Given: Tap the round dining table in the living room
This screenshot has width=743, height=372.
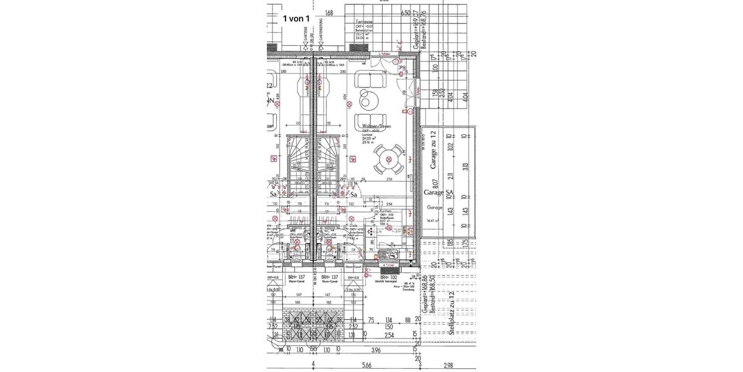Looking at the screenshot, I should click(x=388, y=160).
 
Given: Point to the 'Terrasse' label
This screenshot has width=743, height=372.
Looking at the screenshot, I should click(x=363, y=21).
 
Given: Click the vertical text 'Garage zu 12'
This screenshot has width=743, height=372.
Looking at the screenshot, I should click(x=434, y=150).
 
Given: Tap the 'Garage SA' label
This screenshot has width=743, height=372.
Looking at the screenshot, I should click(x=435, y=193).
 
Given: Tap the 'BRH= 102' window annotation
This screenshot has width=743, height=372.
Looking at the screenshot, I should click(x=381, y=277).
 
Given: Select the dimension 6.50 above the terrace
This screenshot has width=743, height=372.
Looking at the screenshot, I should click(x=406, y=12).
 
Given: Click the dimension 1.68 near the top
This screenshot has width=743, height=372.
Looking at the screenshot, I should click(x=329, y=12).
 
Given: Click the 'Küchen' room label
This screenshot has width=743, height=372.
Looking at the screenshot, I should click(x=386, y=211).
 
